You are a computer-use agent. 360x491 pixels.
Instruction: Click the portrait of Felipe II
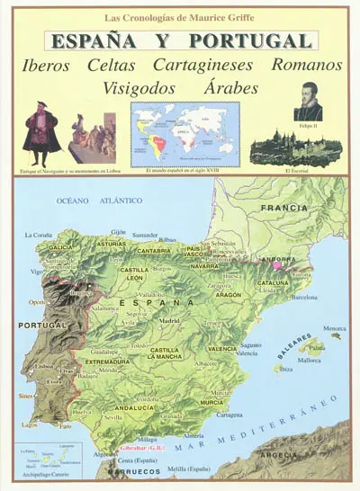(308, 101)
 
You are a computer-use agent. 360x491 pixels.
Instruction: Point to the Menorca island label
(334, 326)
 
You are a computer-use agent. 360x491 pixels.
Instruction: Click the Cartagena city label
(230, 415)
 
